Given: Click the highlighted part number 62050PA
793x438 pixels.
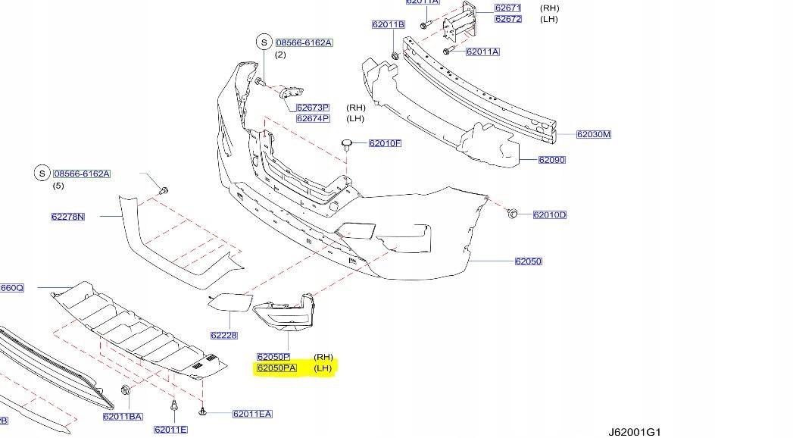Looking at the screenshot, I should click(x=276, y=368).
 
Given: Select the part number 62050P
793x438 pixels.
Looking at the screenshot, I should click(x=273, y=356).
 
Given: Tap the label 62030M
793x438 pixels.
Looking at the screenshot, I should click(x=593, y=135).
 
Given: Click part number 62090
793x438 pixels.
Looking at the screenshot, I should click(x=551, y=160).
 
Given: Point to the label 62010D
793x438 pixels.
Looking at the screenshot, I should click(x=549, y=215).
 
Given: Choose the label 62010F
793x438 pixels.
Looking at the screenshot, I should click(x=385, y=143).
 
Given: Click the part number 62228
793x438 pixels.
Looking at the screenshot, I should click(x=224, y=335).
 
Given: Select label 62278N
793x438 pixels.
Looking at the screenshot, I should click(x=68, y=217).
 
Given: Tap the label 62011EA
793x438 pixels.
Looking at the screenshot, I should click(x=252, y=414).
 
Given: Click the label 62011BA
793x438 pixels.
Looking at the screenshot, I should click(x=123, y=416).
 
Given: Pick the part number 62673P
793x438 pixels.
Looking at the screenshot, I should click(x=313, y=108).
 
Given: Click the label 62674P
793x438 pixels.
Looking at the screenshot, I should click(x=313, y=118).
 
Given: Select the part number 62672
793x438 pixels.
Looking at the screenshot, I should click(x=507, y=19).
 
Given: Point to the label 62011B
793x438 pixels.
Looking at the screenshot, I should click(x=388, y=25).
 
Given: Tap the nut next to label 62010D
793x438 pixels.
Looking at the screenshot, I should click(x=513, y=214).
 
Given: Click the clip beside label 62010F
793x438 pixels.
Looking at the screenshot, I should click(x=348, y=142).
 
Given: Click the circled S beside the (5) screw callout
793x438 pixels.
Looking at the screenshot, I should click(x=42, y=174).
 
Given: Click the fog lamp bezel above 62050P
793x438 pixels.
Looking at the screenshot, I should click(x=290, y=314).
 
